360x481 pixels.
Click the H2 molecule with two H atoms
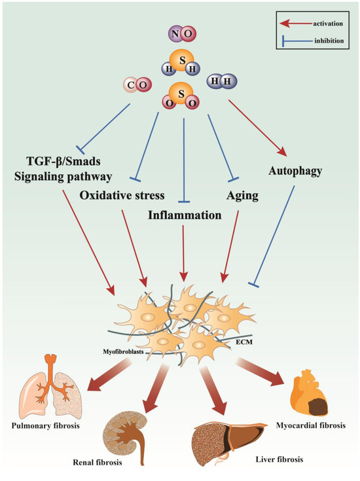(x=221, y=82)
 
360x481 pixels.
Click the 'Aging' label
(x=243, y=196)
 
